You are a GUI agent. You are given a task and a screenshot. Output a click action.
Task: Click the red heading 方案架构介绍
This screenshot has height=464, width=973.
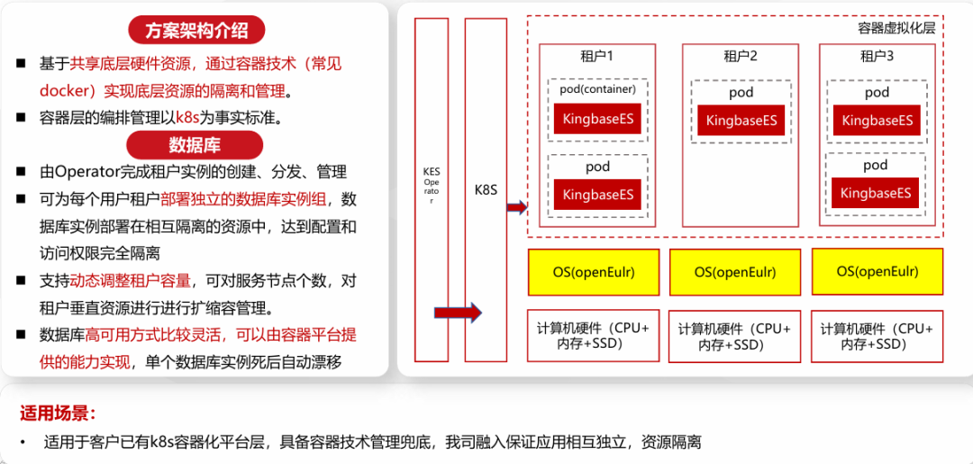point(196,31)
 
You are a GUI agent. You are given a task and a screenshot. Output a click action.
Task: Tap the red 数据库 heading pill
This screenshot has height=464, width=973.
point(195,144)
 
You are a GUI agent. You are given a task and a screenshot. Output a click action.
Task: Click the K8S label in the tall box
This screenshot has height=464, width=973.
point(486,191)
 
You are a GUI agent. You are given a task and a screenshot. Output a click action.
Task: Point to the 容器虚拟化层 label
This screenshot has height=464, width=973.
point(896,29)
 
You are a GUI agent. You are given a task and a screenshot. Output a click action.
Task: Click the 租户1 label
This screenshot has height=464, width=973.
point(597,57)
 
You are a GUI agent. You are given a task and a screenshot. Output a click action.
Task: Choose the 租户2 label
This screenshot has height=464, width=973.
point(741,57)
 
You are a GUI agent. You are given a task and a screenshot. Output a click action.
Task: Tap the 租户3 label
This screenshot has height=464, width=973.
point(877,57)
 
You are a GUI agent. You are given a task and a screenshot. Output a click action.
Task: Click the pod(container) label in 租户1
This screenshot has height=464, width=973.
point(597,89)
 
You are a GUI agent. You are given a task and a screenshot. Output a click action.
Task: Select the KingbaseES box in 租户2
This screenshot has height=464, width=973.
point(741,121)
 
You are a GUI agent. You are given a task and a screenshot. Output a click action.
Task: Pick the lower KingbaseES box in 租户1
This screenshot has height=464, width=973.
point(597,195)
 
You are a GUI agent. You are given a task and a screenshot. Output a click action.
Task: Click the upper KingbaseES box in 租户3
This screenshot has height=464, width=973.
point(877,120)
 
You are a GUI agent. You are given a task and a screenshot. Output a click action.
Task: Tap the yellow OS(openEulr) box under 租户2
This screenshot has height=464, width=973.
point(735,272)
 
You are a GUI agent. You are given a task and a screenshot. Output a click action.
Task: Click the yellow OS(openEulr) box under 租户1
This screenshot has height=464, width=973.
point(594,272)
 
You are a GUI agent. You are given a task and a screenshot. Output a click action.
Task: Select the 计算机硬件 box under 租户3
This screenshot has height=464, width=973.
point(877,336)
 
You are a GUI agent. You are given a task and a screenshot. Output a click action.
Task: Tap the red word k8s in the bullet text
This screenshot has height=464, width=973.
point(187,117)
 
